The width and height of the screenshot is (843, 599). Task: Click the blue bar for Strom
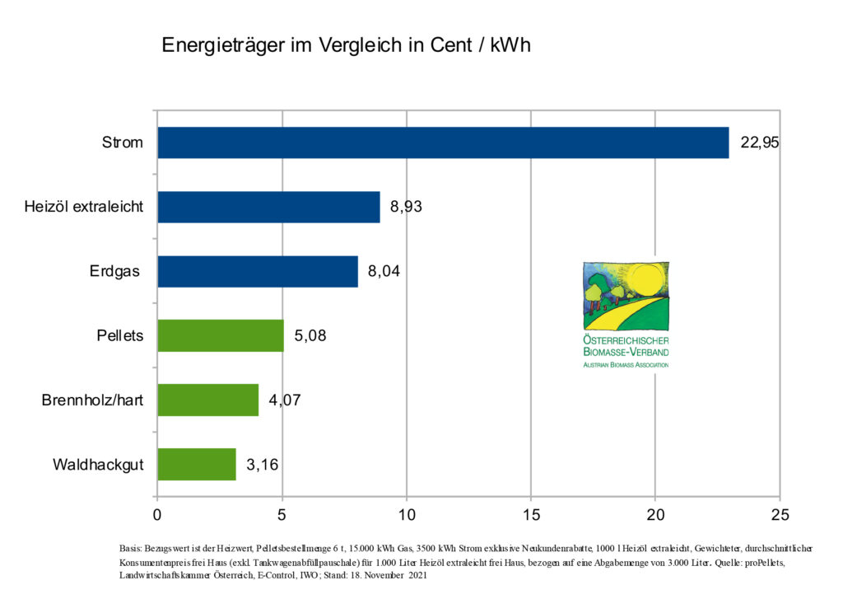click(443, 143)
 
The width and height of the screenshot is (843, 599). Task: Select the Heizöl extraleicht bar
click(268, 207)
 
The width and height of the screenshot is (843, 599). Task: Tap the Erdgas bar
click(258, 271)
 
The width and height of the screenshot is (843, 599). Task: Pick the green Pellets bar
click(221, 335)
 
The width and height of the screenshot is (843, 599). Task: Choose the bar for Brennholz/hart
click(207, 400)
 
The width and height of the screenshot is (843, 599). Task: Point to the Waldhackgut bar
click(197, 464)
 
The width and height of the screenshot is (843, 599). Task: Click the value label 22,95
click(759, 143)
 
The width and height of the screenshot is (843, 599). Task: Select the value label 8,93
click(407, 207)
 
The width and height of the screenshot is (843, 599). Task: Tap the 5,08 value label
click(310, 335)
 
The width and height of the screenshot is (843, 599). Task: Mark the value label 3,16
click(263, 465)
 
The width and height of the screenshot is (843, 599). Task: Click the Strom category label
click(122, 143)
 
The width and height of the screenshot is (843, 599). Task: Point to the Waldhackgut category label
click(98, 465)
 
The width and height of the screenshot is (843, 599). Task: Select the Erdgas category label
click(116, 271)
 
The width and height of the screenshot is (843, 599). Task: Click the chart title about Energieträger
click(346, 44)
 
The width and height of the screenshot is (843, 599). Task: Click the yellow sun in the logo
click(645, 282)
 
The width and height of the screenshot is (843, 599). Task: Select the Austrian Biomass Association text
click(626, 363)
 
